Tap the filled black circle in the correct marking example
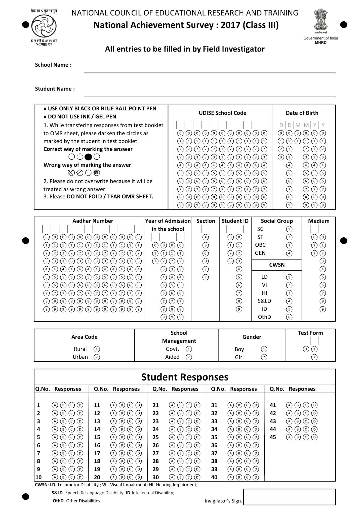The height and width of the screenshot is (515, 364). point(88,157)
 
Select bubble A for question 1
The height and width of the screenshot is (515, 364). point(55,405)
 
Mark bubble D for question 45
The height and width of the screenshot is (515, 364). point(314,437)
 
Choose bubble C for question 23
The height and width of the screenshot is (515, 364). point(189,421)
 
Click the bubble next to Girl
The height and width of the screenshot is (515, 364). point(264,357)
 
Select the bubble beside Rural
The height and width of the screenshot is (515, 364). point(97,349)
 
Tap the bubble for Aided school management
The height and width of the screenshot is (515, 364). point(189,357)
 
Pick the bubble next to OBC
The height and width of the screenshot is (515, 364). point(289,245)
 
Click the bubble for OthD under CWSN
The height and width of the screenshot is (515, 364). point(289,317)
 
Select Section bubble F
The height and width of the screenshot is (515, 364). point(206,277)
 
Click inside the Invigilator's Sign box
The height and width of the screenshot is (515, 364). point(289,497)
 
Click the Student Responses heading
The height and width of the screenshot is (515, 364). point(185,377)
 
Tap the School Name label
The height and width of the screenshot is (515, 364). point(53,65)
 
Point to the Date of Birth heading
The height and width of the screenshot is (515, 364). point(302,113)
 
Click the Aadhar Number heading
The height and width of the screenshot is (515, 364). point(93,221)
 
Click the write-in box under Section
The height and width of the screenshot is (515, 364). point(206,229)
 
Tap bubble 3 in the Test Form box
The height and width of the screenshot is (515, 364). point(306,349)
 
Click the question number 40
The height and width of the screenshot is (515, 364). point(214,477)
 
